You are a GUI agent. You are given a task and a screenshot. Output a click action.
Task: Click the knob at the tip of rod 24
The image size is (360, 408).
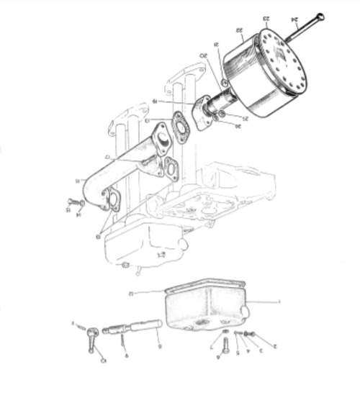click(x=320, y=17)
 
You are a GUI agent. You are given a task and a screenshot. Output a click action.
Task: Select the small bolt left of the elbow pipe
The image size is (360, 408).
click(x=74, y=203)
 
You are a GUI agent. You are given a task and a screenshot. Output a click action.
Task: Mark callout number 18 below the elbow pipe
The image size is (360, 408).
click(x=99, y=235)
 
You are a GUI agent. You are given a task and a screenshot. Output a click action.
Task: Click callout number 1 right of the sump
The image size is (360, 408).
click(x=279, y=302)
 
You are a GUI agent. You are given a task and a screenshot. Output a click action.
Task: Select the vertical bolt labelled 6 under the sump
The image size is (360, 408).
click(x=219, y=343)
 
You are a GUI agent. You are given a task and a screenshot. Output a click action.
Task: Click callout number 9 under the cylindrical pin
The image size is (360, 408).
click(x=159, y=346)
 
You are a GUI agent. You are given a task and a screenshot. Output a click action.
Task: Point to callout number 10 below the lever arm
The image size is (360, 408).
click(x=102, y=360)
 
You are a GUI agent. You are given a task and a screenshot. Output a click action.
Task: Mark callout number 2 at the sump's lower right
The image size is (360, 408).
click(x=274, y=346)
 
